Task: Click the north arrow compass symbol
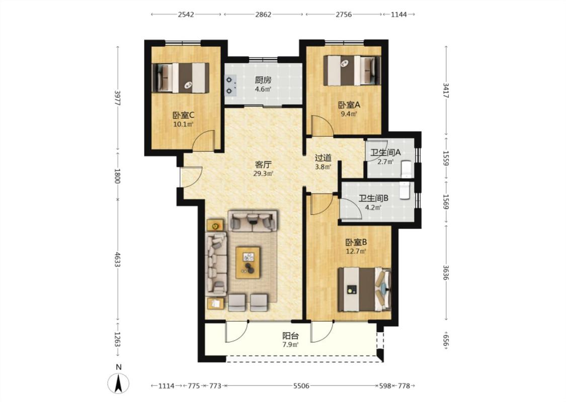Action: click(x=118, y=383)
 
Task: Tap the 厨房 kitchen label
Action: click(x=263, y=80)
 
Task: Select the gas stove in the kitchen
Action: click(x=230, y=85)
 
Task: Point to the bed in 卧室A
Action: click(x=352, y=70)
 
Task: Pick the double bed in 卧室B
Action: click(x=364, y=289)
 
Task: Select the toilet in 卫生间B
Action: click(x=405, y=191)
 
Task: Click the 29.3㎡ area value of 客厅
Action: click(x=263, y=173)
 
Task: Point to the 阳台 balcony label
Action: click(x=290, y=336)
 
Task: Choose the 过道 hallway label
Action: click(x=323, y=158)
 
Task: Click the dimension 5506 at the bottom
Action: click(x=301, y=386)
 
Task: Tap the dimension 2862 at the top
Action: click(x=263, y=15)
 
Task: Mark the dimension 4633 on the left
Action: click(x=117, y=259)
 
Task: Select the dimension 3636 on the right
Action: click(x=446, y=272)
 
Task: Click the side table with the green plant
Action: click(x=215, y=226)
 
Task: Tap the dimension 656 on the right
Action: click(x=446, y=340)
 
